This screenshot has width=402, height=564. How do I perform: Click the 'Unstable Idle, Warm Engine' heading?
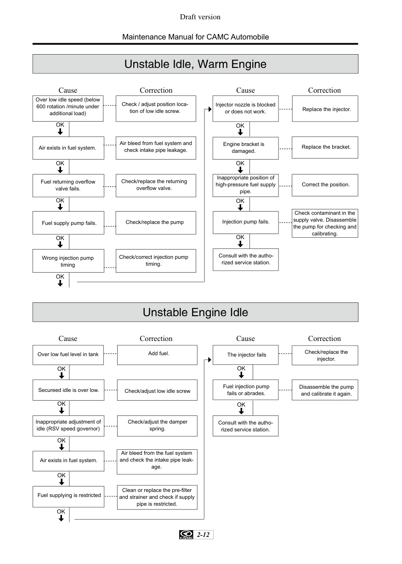(x=195, y=64)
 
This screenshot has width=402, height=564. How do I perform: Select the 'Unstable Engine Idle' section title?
(x=195, y=312)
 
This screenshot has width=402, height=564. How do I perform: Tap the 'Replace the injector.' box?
(x=325, y=109)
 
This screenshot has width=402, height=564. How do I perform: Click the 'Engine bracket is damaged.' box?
(x=245, y=148)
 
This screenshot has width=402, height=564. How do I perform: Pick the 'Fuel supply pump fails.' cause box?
(x=68, y=223)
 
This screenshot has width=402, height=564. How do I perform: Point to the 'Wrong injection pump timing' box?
(x=68, y=261)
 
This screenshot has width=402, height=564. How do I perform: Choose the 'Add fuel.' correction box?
(x=157, y=355)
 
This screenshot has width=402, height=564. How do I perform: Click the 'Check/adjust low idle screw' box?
(x=157, y=390)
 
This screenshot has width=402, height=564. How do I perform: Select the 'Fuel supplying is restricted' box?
(x=68, y=497)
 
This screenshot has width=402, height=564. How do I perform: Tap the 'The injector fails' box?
(x=245, y=355)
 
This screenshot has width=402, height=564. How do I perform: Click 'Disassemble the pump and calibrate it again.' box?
(x=325, y=390)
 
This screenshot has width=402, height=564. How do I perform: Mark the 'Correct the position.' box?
(x=325, y=185)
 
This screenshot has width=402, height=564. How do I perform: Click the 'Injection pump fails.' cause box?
(x=246, y=223)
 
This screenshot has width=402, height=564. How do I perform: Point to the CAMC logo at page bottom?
(x=186, y=535)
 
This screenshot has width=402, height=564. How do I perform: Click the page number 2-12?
(x=203, y=535)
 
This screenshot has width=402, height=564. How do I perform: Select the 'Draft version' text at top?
(x=200, y=17)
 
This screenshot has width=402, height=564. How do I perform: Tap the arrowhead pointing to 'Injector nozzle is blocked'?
(x=210, y=109)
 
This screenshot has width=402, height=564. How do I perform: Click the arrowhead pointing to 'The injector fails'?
(x=209, y=360)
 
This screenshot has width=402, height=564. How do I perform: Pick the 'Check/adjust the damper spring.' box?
(x=157, y=426)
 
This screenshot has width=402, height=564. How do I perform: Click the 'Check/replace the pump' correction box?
(x=156, y=223)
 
